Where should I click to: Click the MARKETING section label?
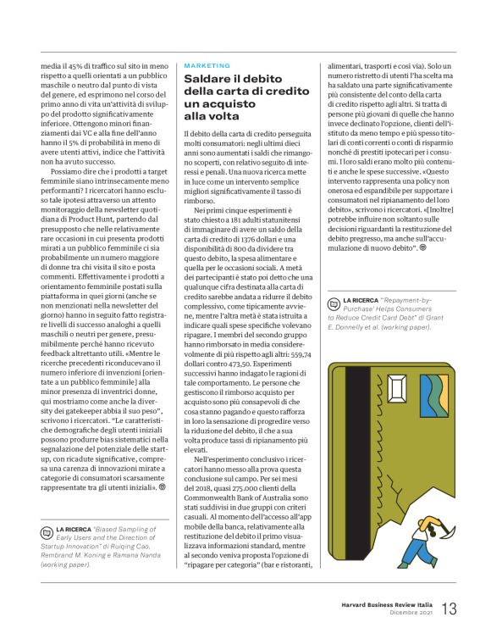pos(207,65)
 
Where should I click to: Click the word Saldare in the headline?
pos(208,79)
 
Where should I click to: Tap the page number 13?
pos(450,608)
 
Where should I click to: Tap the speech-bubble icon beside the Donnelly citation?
pos(334,302)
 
